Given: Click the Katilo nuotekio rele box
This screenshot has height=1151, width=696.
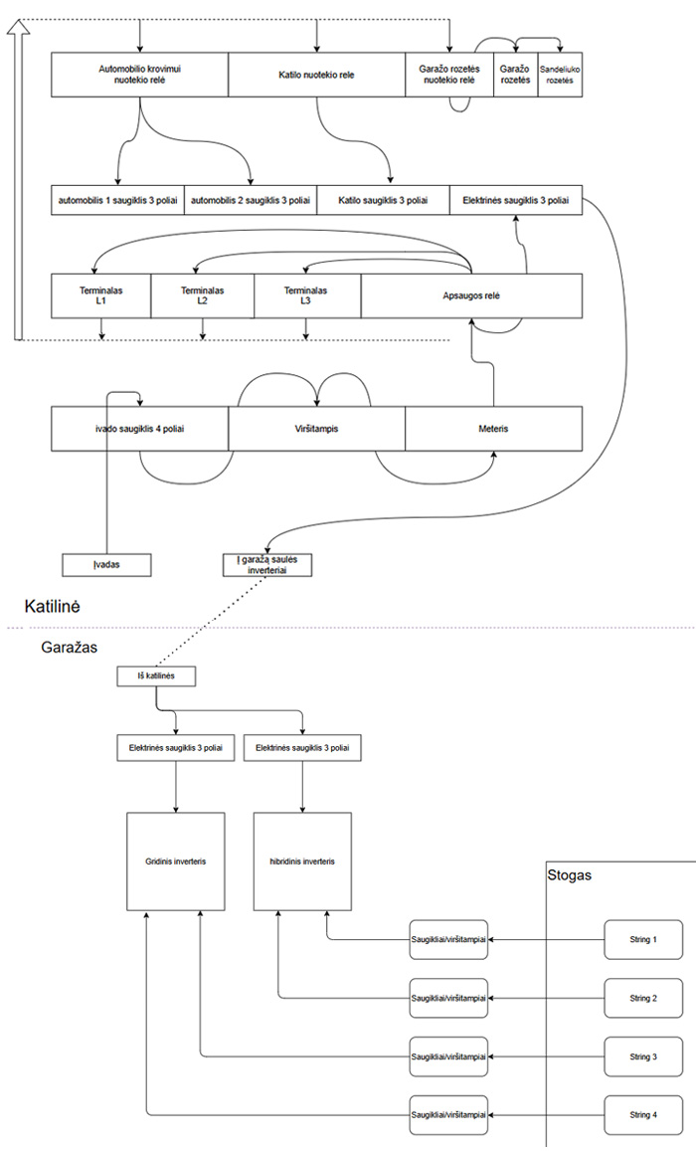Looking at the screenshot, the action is point(316,75).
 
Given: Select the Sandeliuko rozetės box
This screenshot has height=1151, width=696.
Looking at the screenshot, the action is point(561,75).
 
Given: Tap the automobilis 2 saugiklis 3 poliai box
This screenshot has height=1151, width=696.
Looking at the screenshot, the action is point(251,200).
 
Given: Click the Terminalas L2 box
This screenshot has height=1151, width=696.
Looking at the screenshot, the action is point(203,295).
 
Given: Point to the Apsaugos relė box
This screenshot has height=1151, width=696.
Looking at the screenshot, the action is point(471,295).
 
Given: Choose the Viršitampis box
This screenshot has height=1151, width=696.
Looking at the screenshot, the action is point(316,429).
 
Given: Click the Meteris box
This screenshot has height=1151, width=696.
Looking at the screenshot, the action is point(493,429).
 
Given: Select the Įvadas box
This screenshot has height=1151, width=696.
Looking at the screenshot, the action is point(106,565).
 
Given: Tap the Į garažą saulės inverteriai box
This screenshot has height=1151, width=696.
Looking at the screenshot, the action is point(266,565).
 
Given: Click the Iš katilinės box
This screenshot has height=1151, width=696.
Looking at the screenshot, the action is point(156,676).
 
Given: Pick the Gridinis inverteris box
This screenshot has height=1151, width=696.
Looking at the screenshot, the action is point(175,862).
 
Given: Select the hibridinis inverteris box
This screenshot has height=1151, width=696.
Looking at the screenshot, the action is point(302,862).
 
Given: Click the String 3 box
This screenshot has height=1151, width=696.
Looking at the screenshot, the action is point(643,1057).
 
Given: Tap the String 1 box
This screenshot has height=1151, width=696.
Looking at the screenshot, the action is point(643,939).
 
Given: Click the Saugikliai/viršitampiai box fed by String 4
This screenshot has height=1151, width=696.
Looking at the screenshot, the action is point(448,1115).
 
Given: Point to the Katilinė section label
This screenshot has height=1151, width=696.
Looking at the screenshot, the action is point(52,606).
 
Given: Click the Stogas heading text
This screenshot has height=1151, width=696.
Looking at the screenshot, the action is point(569,875).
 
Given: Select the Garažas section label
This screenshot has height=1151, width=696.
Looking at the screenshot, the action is point(69,649).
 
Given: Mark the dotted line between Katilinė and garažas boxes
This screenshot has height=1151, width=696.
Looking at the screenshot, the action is point(211,621).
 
